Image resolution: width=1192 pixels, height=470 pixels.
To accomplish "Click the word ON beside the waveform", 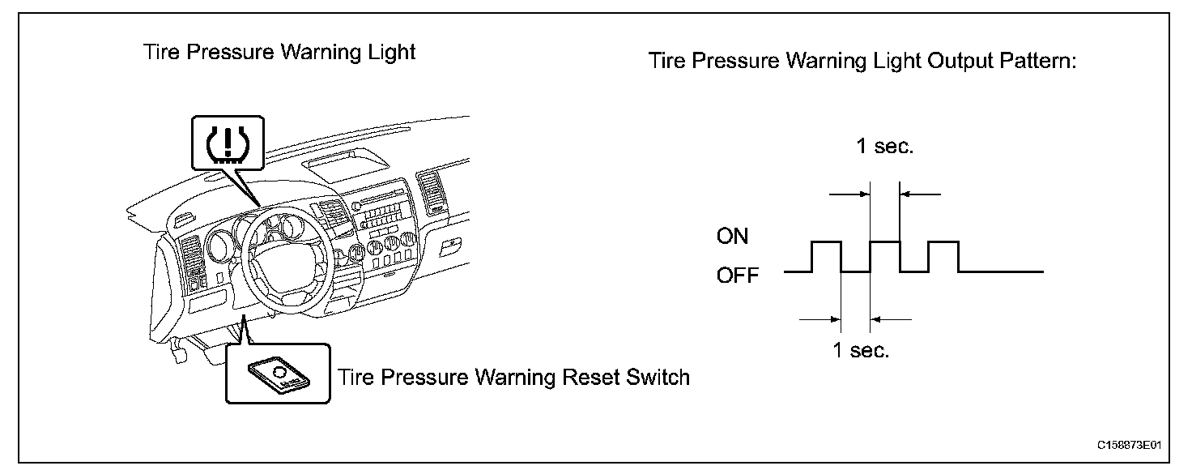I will click(x=732, y=237).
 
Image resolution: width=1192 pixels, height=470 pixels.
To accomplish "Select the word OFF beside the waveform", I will click(x=737, y=276).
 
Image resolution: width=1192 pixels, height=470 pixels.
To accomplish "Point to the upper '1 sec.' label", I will click(x=884, y=149).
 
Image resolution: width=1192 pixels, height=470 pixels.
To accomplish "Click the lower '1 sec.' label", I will click(x=860, y=352).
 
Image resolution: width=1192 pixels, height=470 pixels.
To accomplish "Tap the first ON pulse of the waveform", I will click(x=826, y=242).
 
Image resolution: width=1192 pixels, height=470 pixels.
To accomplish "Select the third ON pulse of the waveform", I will click(x=943, y=242).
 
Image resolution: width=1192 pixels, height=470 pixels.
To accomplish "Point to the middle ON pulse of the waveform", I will click(x=884, y=242).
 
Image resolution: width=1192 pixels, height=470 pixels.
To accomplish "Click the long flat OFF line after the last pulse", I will click(x=1001, y=271).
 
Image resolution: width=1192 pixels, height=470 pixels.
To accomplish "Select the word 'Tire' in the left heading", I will click(x=159, y=53).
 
